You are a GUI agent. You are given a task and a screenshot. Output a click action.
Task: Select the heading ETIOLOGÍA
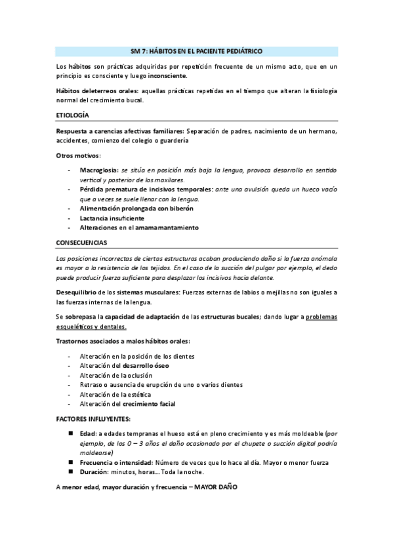pos(72,115)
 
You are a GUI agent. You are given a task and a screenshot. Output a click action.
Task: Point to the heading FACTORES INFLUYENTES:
pos(93,418)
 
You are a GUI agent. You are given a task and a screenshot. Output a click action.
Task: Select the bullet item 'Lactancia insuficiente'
pos(112,218)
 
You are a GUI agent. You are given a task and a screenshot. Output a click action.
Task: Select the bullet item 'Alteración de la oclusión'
pos(119,375)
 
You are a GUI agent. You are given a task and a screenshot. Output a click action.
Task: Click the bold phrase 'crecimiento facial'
pos(149,404)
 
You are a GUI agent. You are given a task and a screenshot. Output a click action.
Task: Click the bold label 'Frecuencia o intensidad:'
pos(115,462)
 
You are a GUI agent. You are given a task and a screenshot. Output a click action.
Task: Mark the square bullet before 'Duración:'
pos(71,471)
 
